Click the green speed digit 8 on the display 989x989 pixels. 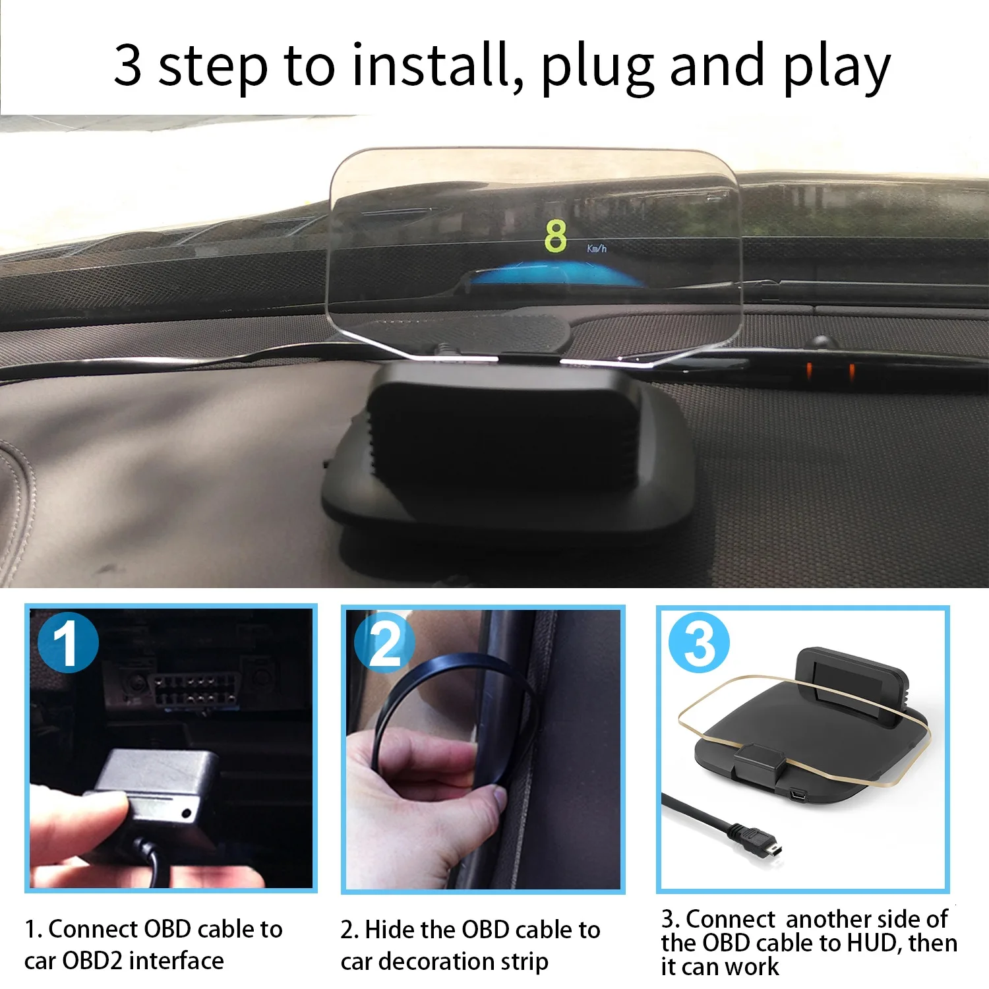click(x=555, y=236)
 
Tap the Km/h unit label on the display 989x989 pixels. click(x=597, y=249)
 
